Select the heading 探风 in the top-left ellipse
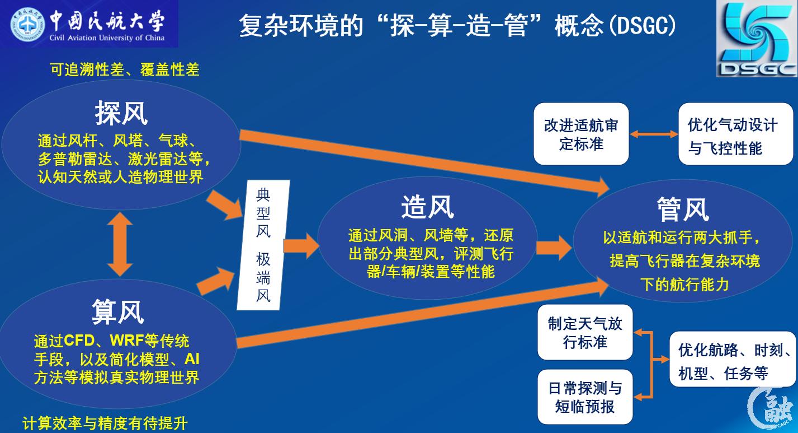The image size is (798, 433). click(x=121, y=113)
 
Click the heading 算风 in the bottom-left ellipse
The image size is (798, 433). click(x=117, y=311)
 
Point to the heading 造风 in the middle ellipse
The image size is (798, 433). click(x=427, y=208)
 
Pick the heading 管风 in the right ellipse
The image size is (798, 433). click(x=682, y=210)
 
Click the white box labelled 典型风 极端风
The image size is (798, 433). click(x=263, y=245)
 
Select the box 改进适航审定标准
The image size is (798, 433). click(x=581, y=134)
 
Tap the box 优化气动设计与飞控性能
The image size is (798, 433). click(x=732, y=135)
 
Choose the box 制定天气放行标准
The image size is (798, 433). click(x=584, y=332)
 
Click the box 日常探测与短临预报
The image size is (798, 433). click(x=584, y=397)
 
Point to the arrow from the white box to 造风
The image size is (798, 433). click(x=301, y=245)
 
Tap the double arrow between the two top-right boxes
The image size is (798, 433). click(x=654, y=134)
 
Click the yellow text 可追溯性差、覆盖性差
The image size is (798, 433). click(x=124, y=69)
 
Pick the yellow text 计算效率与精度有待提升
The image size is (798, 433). click(x=105, y=423)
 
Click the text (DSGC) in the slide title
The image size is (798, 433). click(x=642, y=26)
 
